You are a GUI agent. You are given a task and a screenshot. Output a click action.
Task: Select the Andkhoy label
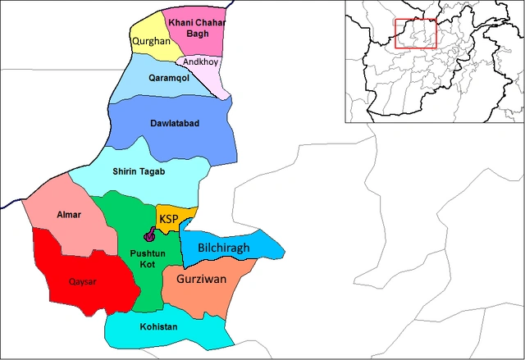click(200, 62)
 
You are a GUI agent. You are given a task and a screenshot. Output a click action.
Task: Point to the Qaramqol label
click(169, 79)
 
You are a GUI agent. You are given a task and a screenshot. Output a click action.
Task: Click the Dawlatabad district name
click(174, 123)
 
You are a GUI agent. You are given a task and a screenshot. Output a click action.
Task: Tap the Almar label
click(69, 215)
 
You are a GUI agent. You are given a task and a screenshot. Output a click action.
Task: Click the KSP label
click(170, 219)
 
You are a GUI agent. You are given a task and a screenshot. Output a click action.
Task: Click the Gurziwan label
click(201, 280)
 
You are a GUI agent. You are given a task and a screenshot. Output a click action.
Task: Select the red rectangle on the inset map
click(416, 34)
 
